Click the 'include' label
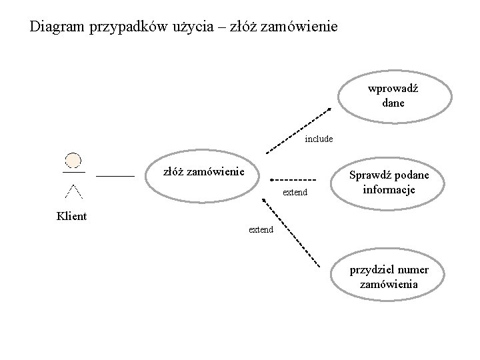pyautogui.click(x=318, y=139)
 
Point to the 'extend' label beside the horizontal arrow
pyautogui.click(x=295, y=193)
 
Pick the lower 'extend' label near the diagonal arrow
pyautogui.click(x=261, y=229)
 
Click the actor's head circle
pyautogui.click(x=73, y=161)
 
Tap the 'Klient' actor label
pyautogui.click(x=71, y=216)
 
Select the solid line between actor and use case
pyautogui.click(x=115, y=175)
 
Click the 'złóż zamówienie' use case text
pyautogui.click(x=203, y=172)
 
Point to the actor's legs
pyautogui.click(x=73, y=191)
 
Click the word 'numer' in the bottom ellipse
pyautogui.click(x=413, y=270)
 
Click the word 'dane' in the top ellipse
pyautogui.click(x=393, y=103)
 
